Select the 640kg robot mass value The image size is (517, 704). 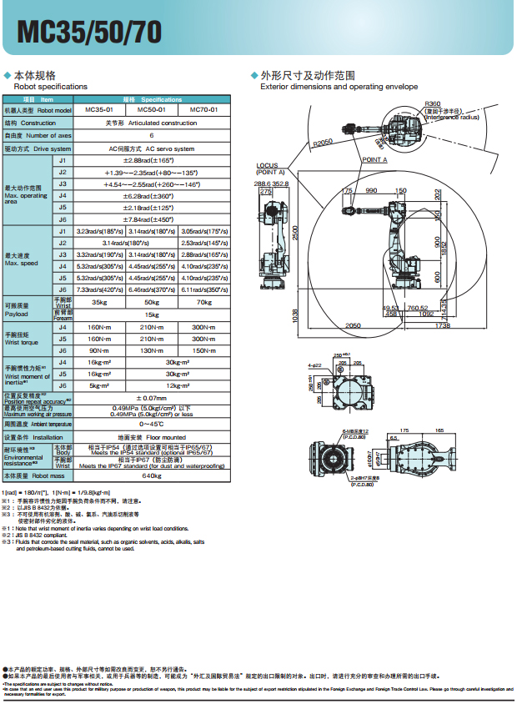pos(152,475)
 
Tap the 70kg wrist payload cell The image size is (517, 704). pos(204,303)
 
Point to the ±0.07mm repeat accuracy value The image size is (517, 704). pos(152,398)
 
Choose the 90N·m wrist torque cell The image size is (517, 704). pos(99,350)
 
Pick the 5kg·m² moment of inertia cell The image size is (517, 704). pos(99,385)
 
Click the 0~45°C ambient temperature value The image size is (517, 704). pos(152,425)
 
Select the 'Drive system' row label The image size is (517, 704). pos(38,148)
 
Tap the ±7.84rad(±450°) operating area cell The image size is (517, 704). pos(152,219)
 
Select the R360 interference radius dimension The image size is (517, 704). pos(433,103)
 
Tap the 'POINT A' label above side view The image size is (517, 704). pos(374,158)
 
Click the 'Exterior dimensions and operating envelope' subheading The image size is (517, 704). pos(339,87)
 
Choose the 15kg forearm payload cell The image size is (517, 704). pos(152,314)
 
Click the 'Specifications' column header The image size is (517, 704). pos(152,99)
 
